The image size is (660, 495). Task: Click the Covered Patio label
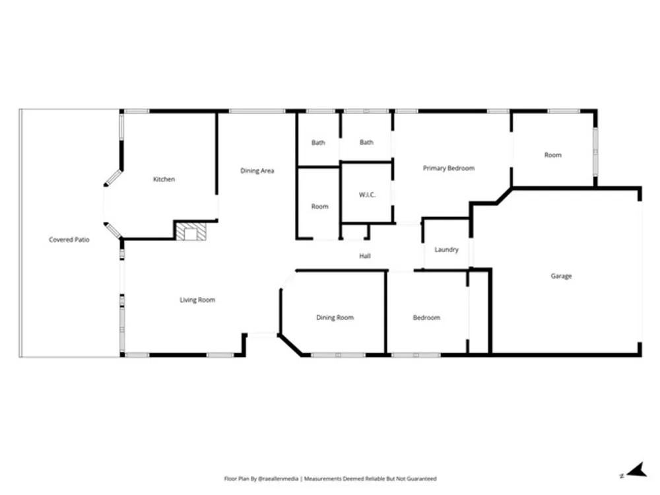(69, 240)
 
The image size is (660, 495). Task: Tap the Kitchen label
(164, 180)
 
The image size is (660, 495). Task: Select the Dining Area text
(257, 170)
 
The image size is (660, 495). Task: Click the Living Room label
(197, 300)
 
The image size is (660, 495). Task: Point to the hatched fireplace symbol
(191, 232)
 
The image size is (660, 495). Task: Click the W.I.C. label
(367, 195)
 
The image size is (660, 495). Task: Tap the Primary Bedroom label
(449, 168)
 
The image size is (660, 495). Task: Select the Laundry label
(446, 249)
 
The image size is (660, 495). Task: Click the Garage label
(561, 276)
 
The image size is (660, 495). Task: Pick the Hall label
(365, 256)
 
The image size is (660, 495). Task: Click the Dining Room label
(335, 318)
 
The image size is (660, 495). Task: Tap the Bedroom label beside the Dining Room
(426, 318)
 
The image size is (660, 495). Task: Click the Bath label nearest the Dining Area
(318, 143)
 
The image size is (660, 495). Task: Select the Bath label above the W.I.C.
(366, 143)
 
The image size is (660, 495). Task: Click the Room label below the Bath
(320, 207)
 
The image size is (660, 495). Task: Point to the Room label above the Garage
(553, 155)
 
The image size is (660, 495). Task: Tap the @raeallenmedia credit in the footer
(279, 478)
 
